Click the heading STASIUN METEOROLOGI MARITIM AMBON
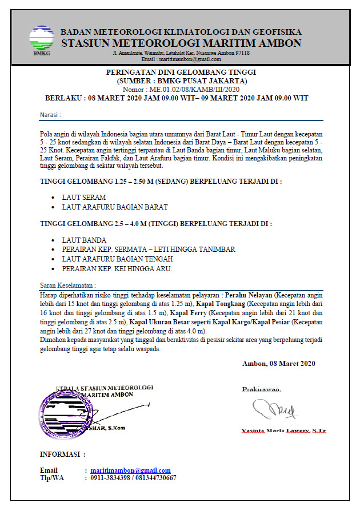(x=181, y=43)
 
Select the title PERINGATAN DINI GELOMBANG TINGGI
(x=181, y=73)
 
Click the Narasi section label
(x=50, y=115)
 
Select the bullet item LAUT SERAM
(x=84, y=197)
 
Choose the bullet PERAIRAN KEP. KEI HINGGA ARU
(x=117, y=268)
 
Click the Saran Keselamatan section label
(x=67, y=284)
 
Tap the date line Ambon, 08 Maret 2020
(x=278, y=364)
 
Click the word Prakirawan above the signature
(x=261, y=389)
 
